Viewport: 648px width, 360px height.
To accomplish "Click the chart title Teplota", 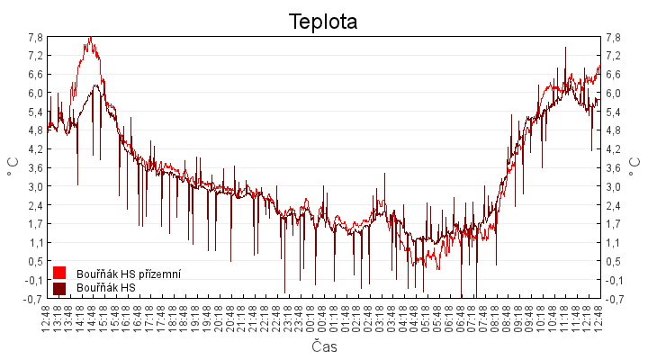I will tap(323, 21).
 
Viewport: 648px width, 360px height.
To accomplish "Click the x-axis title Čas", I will tap(324, 346).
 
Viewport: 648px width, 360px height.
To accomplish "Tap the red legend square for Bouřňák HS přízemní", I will tap(59, 272).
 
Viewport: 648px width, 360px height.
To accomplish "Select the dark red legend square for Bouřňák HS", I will tap(59, 288).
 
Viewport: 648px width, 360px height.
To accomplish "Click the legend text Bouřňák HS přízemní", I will tap(129, 273).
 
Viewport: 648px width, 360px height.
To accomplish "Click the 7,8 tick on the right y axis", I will tap(613, 37).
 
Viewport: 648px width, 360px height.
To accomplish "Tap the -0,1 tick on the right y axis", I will tap(614, 280).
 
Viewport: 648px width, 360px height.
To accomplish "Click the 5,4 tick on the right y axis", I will tap(613, 112).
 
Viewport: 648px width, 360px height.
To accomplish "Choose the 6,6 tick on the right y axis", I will tap(613, 75).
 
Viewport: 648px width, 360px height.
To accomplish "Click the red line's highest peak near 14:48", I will tap(90, 38).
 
